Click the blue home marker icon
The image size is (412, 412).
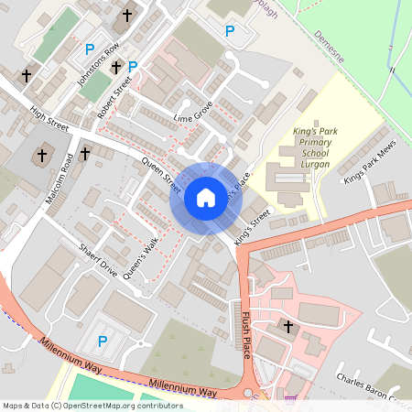point(206,198)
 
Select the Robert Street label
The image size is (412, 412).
point(115,98)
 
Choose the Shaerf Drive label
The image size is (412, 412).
point(98,260)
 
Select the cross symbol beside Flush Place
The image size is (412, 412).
point(288,327)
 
